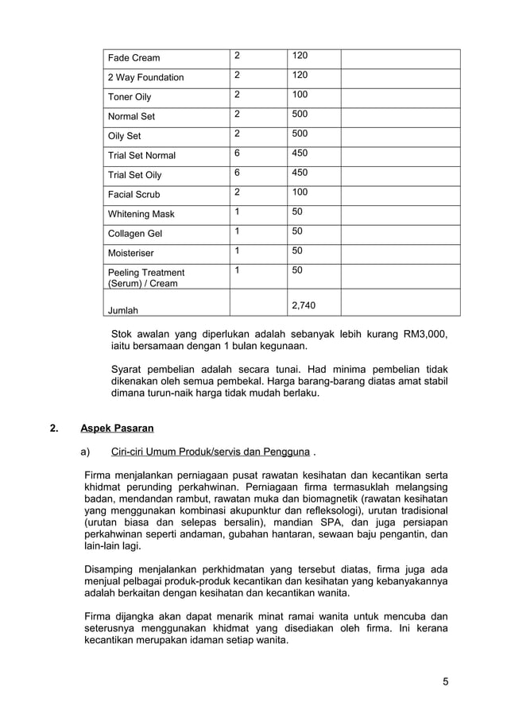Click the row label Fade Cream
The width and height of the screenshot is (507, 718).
coord(134,58)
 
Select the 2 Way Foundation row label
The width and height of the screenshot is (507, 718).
coord(145,77)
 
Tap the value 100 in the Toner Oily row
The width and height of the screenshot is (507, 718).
coord(300,95)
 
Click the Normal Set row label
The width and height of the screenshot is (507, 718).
coord(132,116)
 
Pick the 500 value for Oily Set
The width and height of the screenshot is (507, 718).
coord(300,134)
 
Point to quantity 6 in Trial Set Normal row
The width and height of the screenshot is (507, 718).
coord(237,153)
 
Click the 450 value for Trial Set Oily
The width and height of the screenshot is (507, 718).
coord(300,173)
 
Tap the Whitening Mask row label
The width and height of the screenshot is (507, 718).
coord(141,214)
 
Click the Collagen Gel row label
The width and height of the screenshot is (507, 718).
coord(135,234)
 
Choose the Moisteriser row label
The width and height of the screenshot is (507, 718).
coord(131,254)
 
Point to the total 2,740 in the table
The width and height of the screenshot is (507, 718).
coord(304,305)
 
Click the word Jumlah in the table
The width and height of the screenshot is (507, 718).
coord(123,310)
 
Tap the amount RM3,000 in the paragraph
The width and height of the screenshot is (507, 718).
coord(422,334)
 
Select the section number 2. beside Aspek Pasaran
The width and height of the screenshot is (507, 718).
coord(54,429)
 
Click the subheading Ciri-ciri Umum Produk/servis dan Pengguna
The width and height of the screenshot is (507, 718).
coord(210,452)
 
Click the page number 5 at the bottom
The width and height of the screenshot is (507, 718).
coord(446,681)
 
